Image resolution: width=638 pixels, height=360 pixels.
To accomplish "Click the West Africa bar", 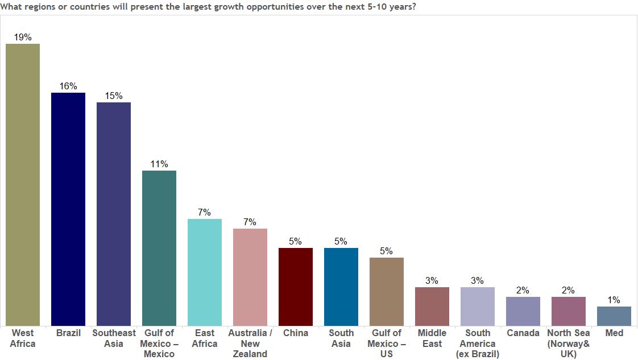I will click(23, 185).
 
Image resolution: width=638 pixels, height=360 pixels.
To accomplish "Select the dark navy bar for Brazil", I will click(68, 209).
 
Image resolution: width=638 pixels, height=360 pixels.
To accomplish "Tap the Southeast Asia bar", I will click(114, 214).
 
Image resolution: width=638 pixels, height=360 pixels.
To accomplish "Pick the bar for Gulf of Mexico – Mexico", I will click(159, 248).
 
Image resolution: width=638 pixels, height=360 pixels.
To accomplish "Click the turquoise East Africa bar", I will click(205, 272).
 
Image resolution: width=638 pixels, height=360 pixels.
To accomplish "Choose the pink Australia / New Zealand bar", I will click(250, 277).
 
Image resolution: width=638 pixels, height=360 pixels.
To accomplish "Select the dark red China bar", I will click(296, 287).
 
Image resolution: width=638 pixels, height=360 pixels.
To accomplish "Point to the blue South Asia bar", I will click(341, 287).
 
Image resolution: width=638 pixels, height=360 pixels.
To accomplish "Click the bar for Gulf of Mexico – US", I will click(387, 292).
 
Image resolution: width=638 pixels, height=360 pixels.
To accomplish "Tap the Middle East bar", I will click(432, 307).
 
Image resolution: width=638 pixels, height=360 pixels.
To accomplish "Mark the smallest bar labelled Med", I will click(614, 316).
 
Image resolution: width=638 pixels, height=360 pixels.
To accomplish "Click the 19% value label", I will click(23, 37).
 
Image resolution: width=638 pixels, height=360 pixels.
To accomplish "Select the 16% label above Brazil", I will click(68, 86).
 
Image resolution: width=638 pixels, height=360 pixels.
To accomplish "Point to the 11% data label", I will click(159, 164).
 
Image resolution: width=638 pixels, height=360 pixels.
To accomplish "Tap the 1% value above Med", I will click(614, 300).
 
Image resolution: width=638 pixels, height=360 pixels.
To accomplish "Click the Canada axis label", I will click(523, 333).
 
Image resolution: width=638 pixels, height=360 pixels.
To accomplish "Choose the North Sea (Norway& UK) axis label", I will click(569, 344).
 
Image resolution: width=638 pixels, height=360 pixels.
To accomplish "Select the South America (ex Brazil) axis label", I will click(478, 344).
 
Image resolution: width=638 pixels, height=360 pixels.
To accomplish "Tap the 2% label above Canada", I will click(523, 290).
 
